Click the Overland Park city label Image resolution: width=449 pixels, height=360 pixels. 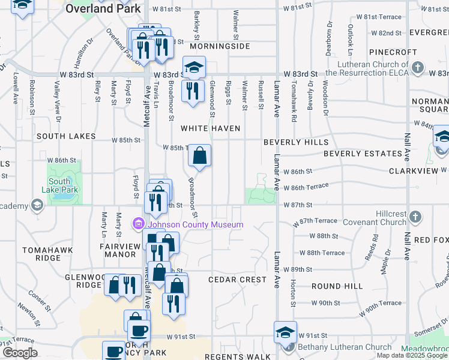coord(103,9)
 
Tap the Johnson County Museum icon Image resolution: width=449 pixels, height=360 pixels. coord(139,224)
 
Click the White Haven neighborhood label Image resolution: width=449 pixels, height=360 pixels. coord(211,128)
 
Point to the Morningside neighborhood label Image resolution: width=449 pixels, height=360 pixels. coord(219,46)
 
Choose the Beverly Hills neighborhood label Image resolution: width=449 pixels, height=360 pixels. coord(296,142)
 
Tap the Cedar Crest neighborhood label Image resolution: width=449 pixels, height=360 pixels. coord(237,280)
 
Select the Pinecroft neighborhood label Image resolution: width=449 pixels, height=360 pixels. coord(393,53)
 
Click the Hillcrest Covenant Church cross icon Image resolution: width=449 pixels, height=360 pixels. coord(415,217)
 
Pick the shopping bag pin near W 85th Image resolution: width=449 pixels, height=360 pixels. coord(199,156)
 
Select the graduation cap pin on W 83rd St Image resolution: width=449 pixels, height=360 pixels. coord(194,67)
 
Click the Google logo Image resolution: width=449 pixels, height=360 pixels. coord(20,353)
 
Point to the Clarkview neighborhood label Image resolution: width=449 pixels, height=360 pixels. coord(414,171)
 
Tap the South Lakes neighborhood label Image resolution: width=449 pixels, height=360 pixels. coord(66,136)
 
